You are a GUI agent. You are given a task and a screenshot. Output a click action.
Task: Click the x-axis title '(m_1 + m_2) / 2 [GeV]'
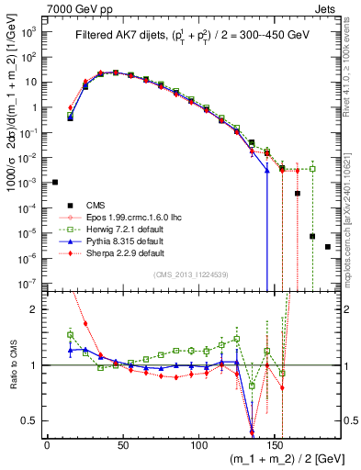[276, 458]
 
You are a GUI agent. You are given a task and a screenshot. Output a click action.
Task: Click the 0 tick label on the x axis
[47, 444]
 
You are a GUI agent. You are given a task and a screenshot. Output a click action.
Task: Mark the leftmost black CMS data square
[55, 182]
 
